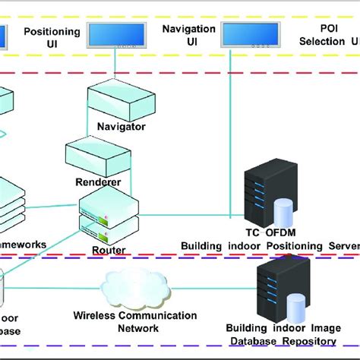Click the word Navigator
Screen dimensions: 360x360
tap(116, 126)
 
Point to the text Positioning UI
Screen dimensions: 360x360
tap(52, 37)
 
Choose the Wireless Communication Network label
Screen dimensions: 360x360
tap(135, 322)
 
